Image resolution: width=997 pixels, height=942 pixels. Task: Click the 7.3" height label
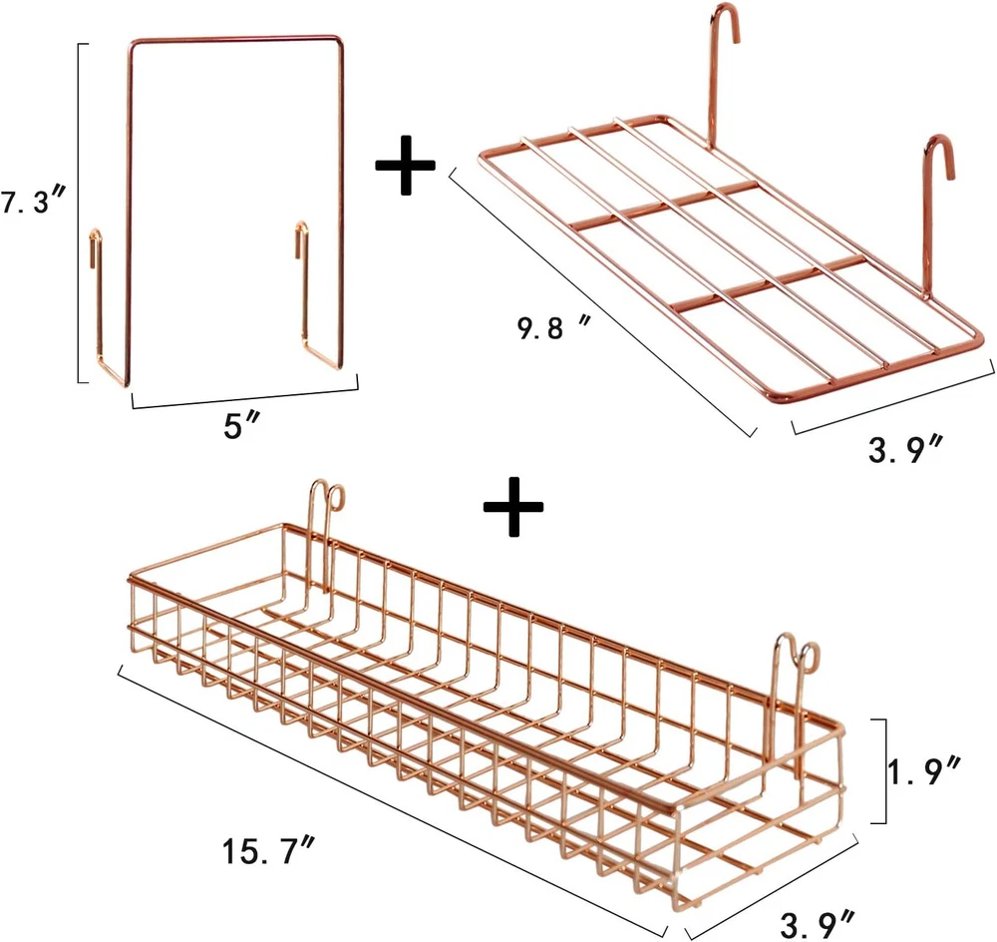point(33,203)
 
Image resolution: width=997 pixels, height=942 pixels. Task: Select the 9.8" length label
point(553,328)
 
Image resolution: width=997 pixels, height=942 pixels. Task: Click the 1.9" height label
point(924,770)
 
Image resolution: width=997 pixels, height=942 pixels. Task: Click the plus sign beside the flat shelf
point(405,166)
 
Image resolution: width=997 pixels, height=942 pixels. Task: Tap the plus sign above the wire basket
point(513,506)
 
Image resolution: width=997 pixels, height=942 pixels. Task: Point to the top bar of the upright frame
point(236,40)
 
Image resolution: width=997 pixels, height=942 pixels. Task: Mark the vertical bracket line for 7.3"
point(79,214)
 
